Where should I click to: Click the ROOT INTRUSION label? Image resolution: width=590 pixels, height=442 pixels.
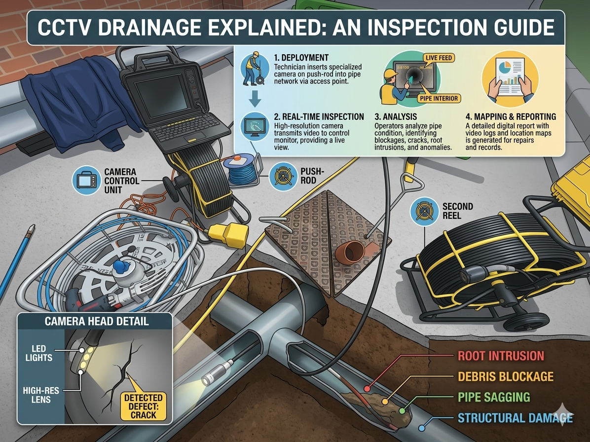point(501,356)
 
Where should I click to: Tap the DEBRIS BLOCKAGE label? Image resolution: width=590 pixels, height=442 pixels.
point(505,377)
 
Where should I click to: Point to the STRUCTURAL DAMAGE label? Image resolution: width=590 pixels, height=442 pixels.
point(515,418)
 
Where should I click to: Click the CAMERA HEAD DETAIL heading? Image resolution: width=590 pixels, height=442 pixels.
point(96,322)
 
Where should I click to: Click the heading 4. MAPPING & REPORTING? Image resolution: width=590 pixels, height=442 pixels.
point(511,117)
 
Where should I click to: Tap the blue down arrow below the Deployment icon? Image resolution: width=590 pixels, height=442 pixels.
point(255,101)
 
